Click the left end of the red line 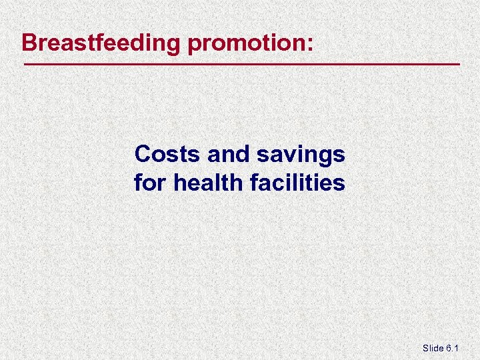(24, 64)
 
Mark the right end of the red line (460, 64)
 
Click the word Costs (167, 155)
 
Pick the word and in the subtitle (227, 155)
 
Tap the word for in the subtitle (151, 182)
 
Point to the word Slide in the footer (434, 349)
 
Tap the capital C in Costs (142, 155)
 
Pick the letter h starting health (179, 182)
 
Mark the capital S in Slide (425, 349)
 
